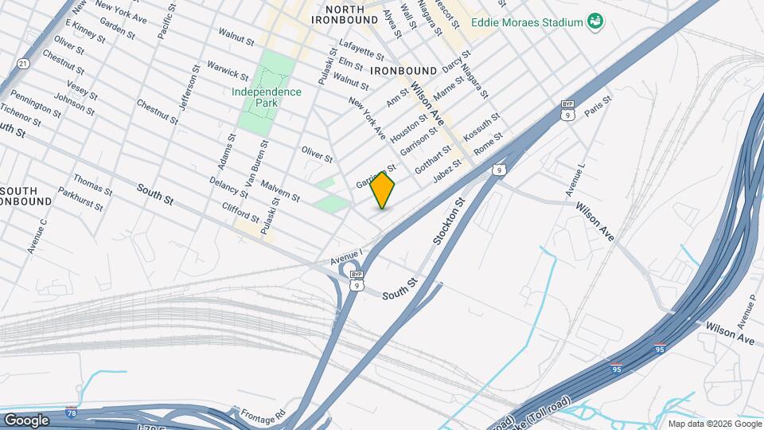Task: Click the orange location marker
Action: (x=383, y=190)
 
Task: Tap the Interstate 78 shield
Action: (x=72, y=412)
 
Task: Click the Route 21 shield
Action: (x=23, y=64)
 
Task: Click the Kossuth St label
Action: (x=482, y=123)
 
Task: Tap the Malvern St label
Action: (x=279, y=190)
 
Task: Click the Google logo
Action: (x=26, y=420)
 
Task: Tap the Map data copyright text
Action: (x=715, y=424)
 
